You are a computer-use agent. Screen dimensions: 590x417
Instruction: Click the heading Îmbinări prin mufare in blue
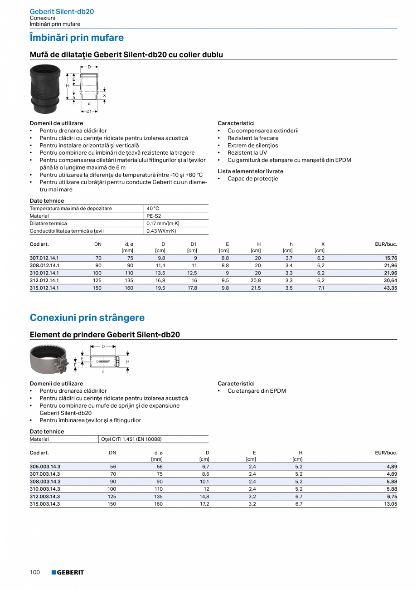pos(77,38)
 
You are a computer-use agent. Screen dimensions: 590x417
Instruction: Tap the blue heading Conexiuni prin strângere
pos(87,317)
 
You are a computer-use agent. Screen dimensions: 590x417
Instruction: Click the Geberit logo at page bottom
pos(68,572)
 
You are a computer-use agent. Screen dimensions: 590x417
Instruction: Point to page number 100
pos(35,572)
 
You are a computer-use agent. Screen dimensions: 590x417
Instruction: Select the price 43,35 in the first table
pos(391,288)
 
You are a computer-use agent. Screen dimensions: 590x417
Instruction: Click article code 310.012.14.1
pos(44,273)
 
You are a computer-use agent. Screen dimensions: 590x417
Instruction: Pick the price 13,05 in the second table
pos(391,504)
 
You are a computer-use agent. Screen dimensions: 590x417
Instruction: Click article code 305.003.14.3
pos(45,467)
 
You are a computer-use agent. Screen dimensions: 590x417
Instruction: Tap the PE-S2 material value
pos(154,216)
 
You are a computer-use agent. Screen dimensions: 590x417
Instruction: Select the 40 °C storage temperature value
pos(153,209)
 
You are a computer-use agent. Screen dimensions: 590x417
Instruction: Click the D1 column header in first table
pos(193,244)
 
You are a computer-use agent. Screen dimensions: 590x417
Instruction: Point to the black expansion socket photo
pos(45,89)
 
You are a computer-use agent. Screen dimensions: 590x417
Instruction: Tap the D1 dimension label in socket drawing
pos(89,111)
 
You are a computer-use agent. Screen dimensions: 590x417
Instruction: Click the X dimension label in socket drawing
pos(104,96)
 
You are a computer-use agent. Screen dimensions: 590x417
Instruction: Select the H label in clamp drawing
pos(128,361)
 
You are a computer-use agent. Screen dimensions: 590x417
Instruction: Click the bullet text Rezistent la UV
pos(247,153)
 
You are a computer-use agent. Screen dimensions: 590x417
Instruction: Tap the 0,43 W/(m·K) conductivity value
pos(161,231)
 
